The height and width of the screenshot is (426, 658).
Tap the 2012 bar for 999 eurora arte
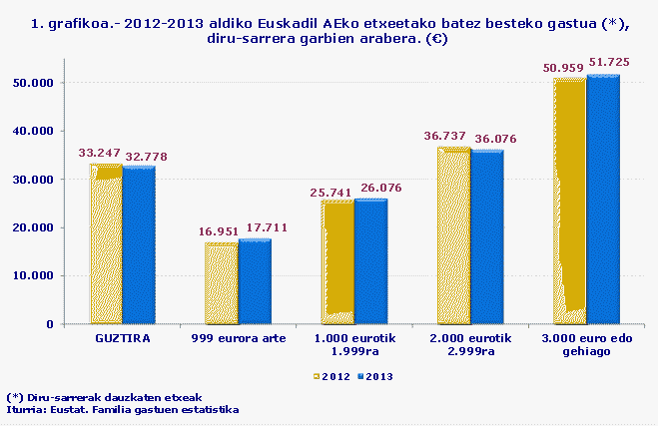222,283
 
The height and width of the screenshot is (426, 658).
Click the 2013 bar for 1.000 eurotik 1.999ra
370,261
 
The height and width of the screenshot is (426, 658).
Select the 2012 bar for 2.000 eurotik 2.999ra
453,235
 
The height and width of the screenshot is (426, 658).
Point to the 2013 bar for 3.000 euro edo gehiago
602,200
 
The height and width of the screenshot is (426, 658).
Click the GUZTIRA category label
122,338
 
